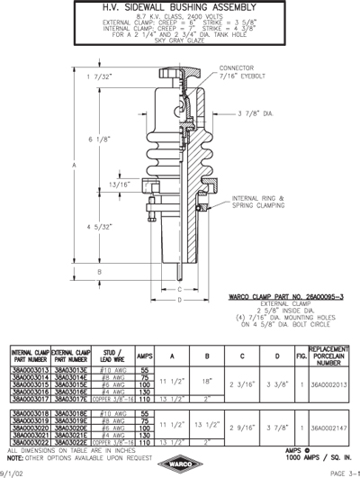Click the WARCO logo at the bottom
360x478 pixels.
coord(179,464)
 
